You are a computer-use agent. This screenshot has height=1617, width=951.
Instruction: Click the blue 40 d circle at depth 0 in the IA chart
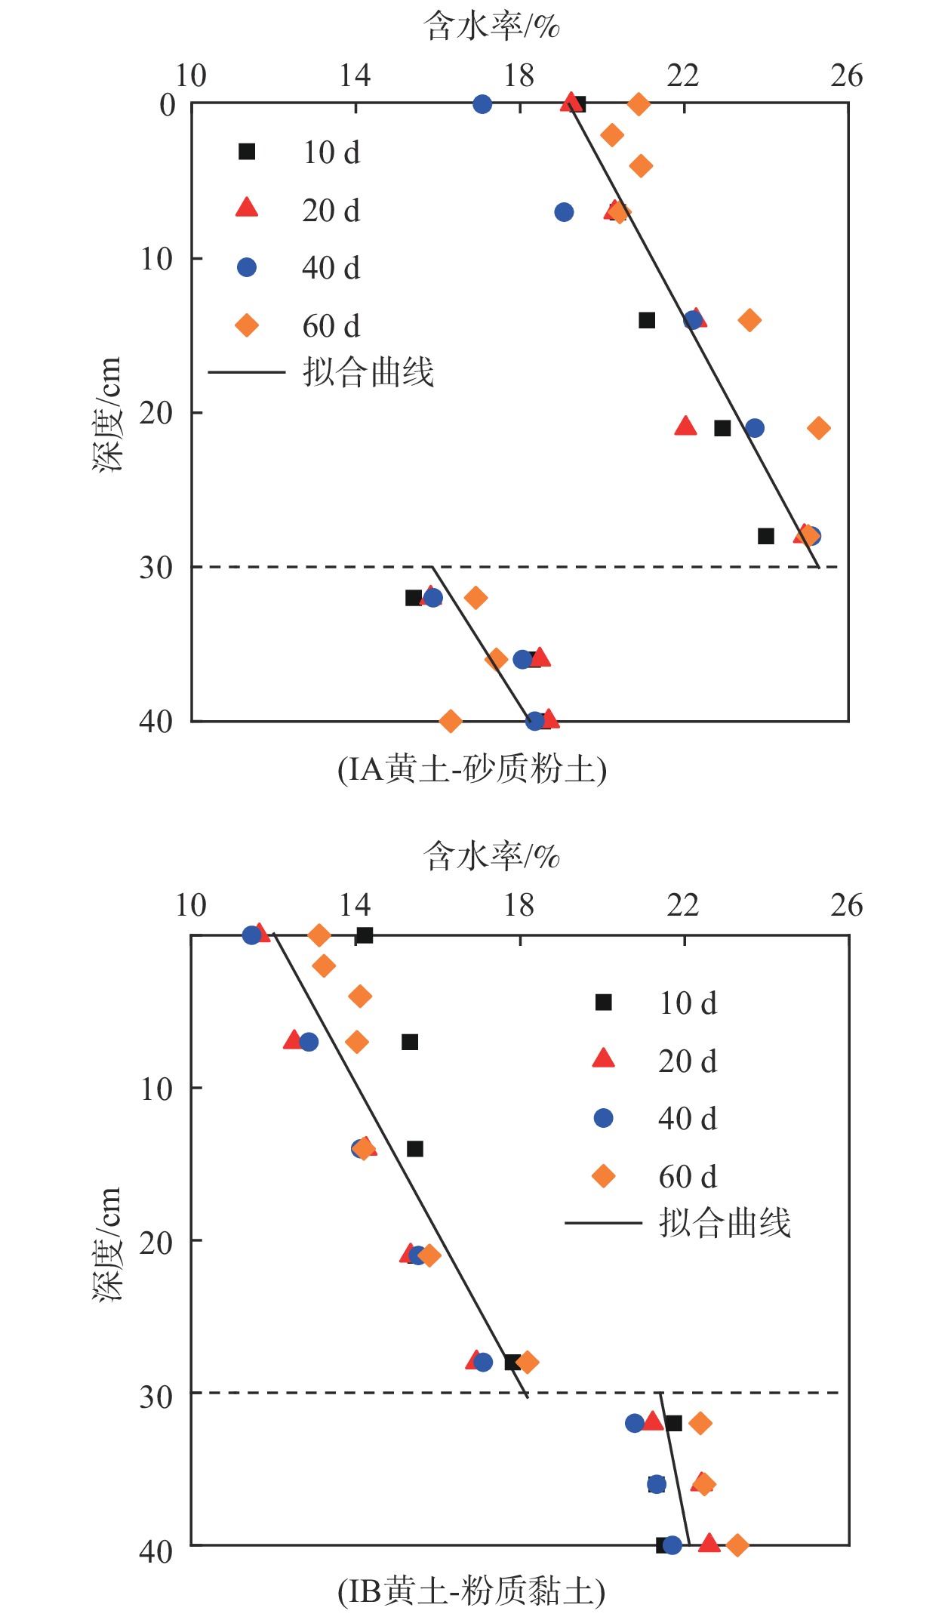click(x=482, y=104)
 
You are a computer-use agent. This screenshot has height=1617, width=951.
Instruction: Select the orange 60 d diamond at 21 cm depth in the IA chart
click(x=819, y=428)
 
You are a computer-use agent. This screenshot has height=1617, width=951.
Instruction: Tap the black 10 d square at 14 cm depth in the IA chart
click(x=647, y=320)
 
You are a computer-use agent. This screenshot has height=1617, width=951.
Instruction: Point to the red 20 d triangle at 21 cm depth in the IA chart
click(x=685, y=427)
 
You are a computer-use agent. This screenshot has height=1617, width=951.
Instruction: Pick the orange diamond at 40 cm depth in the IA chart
click(x=451, y=721)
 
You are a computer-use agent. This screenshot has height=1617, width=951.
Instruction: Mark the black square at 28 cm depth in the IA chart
click(x=766, y=536)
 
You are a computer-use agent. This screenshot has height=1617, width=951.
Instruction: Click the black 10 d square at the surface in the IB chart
click(x=365, y=935)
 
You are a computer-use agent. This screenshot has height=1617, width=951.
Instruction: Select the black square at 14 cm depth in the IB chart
click(x=415, y=1149)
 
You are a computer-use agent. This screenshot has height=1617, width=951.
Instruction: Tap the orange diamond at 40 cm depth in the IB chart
click(x=737, y=1545)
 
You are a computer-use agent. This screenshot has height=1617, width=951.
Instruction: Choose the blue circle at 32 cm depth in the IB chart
click(x=635, y=1423)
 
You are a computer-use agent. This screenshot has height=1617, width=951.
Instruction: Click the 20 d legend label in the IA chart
click(x=331, y=211)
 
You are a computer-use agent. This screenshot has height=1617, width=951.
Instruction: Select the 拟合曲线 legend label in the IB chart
click(x=725, y=1223)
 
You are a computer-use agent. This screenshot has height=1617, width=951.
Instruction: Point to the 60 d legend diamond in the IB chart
click(x=604, y=1176)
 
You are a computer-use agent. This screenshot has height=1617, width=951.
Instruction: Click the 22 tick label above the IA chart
click(x=683, y=76)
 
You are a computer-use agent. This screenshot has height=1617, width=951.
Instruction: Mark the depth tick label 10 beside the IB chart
click(x=156, y=1089)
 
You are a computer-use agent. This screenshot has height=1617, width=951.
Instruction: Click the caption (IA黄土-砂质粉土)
click(x=472, y=770)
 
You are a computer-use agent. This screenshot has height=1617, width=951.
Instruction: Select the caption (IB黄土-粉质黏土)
click(x=472, y=1592)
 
